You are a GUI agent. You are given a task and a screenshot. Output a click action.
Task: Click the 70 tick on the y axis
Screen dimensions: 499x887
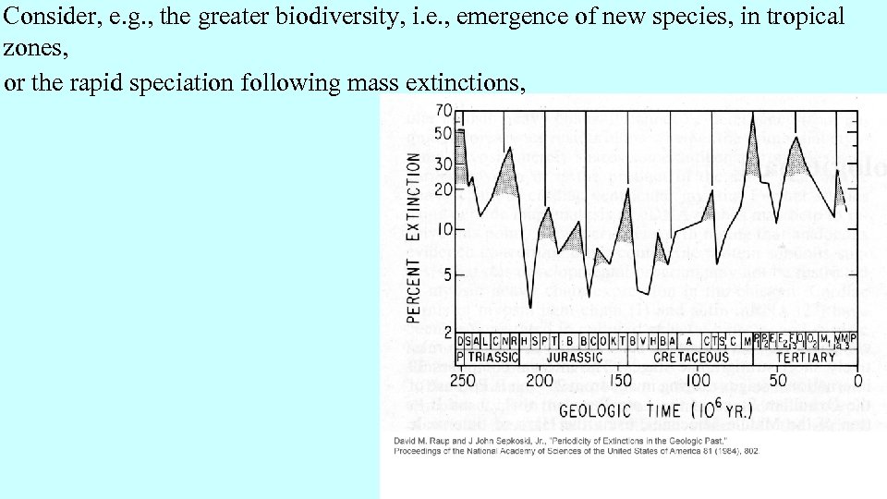(x=443, y=111)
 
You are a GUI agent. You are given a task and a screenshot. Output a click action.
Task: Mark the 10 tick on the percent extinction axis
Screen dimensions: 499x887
(x=443, y=229)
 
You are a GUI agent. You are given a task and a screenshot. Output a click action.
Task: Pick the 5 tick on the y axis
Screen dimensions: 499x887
(x=447, y=274)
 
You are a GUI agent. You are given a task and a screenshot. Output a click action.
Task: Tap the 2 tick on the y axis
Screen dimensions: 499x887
(x=447, y=331)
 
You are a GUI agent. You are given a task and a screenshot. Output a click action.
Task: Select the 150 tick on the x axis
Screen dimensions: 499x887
(x=620, y=381)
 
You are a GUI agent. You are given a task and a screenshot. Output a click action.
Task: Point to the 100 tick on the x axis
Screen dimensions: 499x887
(x=699, y=381)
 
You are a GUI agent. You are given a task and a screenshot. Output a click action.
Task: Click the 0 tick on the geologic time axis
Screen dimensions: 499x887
(x=857, y=381)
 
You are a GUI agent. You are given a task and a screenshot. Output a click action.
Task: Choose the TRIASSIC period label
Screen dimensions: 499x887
(x=493, y=357)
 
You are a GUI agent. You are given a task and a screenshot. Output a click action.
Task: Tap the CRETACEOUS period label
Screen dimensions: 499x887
(x=691, y=357)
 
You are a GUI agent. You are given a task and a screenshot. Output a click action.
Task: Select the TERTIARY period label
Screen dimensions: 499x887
(x=806, y=357)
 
